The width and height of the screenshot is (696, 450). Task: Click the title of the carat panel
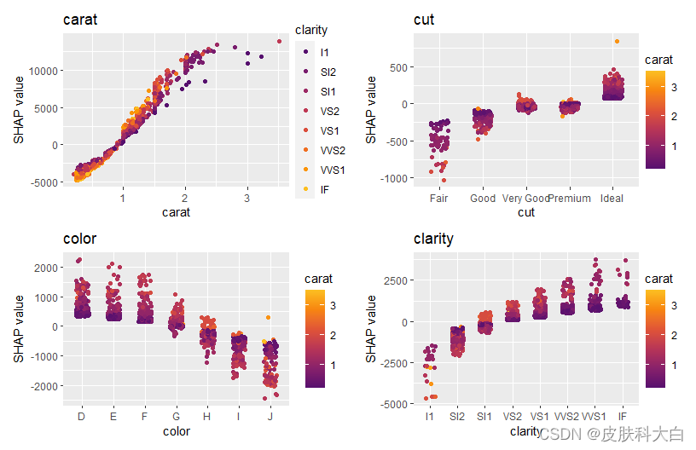click(80, 20)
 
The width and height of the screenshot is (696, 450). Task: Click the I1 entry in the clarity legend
click(325, 52)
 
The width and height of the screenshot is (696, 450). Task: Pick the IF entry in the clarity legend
click(325, 189)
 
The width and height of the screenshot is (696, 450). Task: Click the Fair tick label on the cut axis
click(440, 199)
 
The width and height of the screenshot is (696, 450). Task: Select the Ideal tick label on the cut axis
click(612, 199)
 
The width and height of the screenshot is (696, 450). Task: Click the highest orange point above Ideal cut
click(617, 42)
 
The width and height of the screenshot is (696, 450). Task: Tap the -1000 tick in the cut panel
click(396, 178)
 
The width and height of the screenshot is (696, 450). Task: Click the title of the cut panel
click(424, 20)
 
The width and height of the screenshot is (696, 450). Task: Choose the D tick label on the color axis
click(82, 417)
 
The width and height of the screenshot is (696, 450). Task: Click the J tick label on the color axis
click(270, 417)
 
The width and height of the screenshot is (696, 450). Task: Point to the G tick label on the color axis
click(177, 417)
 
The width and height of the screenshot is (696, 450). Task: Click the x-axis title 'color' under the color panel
click(177, 431)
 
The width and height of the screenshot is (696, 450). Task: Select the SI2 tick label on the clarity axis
click(457, 417)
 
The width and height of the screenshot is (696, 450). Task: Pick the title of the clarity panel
click(433, 239)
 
